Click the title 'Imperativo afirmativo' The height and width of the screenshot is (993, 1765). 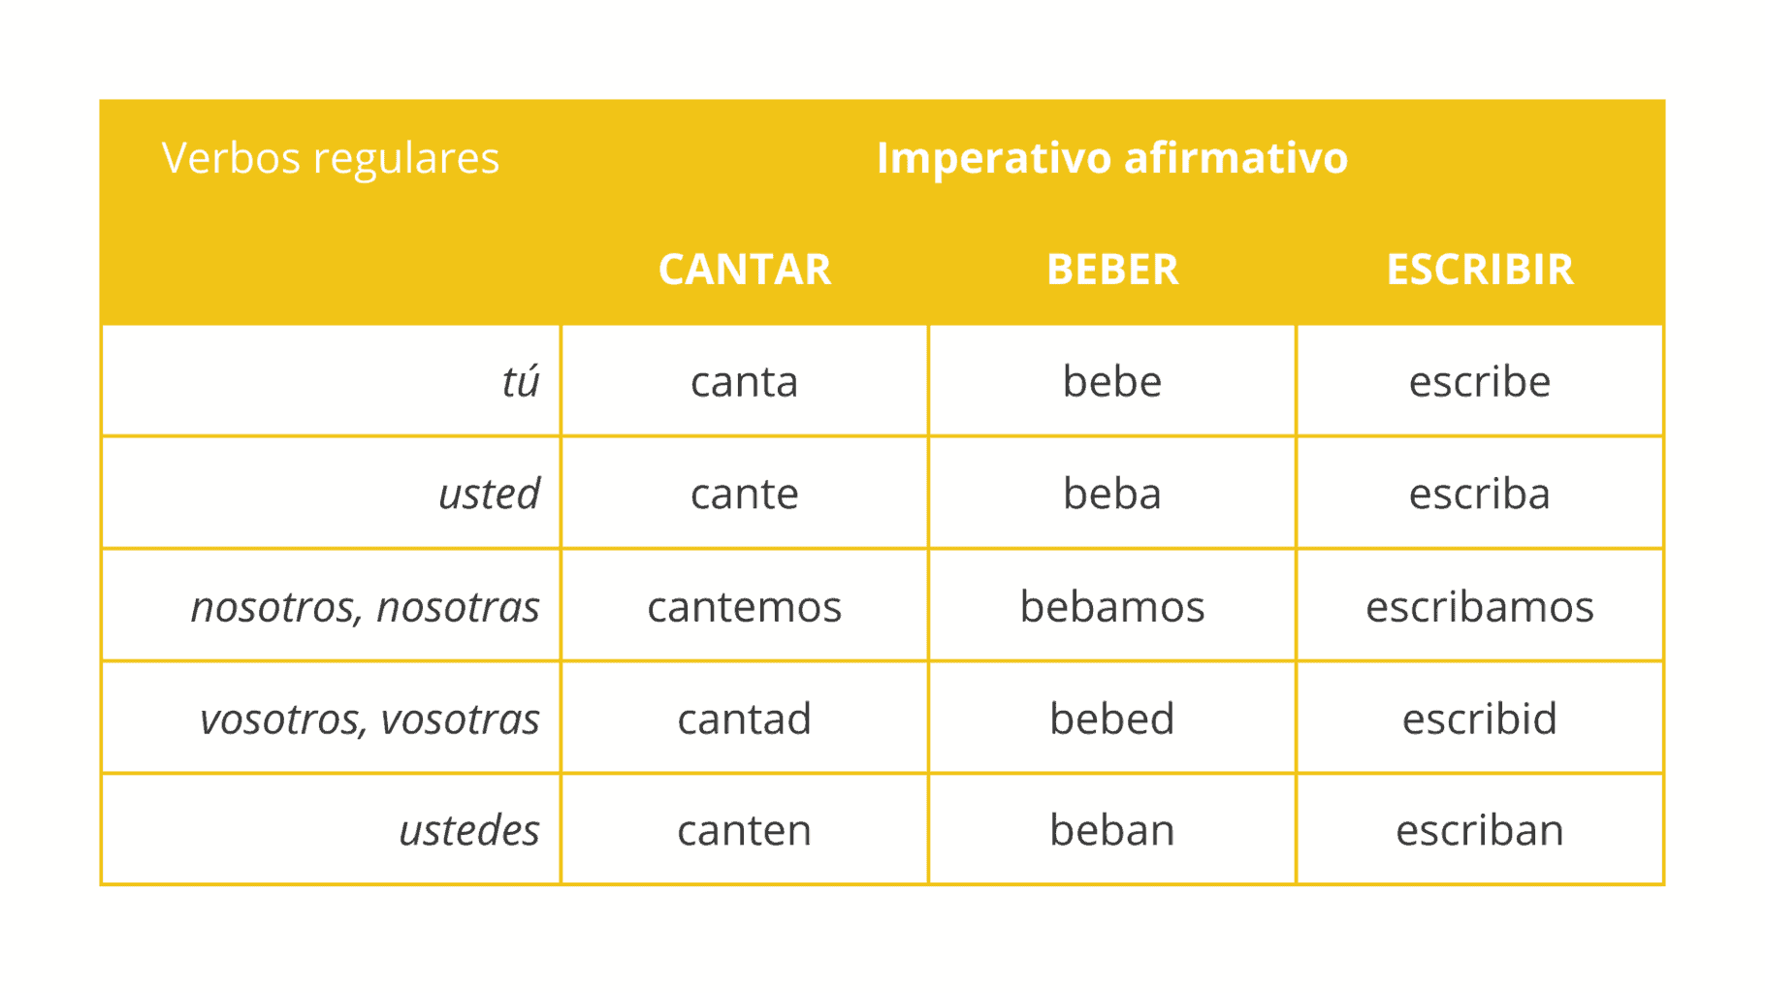click(1111, 158)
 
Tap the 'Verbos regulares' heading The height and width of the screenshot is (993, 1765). click(330, 158)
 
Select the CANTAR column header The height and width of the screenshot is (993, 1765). click(744, 270)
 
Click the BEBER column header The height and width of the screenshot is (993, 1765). click(1111, 270)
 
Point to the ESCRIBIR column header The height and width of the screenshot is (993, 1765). click(1479, 270)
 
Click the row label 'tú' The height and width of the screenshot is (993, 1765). click(520, 381)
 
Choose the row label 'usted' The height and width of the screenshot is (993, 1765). click(489, 494)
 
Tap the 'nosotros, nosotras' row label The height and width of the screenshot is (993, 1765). click(365, 607)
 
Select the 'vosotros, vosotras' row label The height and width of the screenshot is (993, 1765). click(369, 719)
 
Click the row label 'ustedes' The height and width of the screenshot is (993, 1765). click(469, 830)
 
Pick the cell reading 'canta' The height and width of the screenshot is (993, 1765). click(744, 381)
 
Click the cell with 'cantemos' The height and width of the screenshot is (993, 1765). click(744, 607)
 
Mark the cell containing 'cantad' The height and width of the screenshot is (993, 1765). click(744, 719)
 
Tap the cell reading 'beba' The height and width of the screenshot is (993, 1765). click(1111, 494)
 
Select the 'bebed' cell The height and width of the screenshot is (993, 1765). click(1111, 719)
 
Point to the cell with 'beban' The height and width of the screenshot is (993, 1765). click(1111, 830)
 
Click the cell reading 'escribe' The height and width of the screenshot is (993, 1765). click(1479, 381)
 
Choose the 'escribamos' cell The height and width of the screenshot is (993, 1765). click(1479, 607)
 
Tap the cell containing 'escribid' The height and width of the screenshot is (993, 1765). click(1479, 719)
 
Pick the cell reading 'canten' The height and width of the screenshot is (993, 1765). click(744, 830)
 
